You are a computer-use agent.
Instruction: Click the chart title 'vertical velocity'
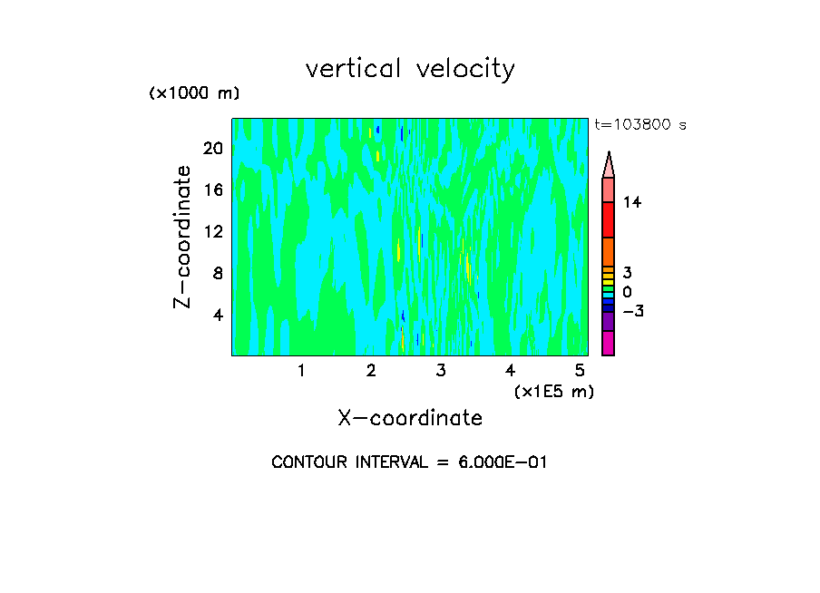pyautogui.click(x=410, y=69)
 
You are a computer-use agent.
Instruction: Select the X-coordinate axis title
pyautogui.click(x=410, y=418)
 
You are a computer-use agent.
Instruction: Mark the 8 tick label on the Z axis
pyautogui.click(x=218, y=272)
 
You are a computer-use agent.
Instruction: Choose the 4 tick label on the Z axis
pyautogui.click(x=218, y=314)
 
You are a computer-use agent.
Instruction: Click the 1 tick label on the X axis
pyautogui.click(x=301, y=371)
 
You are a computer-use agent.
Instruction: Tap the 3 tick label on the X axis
pyautogui.click(x=441, y=371)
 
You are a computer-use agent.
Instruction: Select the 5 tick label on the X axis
pyautogui.click(x=580, y=371)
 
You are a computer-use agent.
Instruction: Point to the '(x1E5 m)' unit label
pyautogui.click(x=553, y=392)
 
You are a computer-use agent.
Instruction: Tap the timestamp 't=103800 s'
pyautogui.click(x=639, y=125)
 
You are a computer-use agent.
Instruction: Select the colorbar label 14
pyautogui.click(x=632, y=203)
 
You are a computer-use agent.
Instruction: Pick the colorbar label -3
pyautogui.click(x=632, y=311)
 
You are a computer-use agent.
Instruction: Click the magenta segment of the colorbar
pyautogui.click(x=608, y=343)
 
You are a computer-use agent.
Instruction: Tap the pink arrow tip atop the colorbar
pyautogui.click(x=609, y=163)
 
